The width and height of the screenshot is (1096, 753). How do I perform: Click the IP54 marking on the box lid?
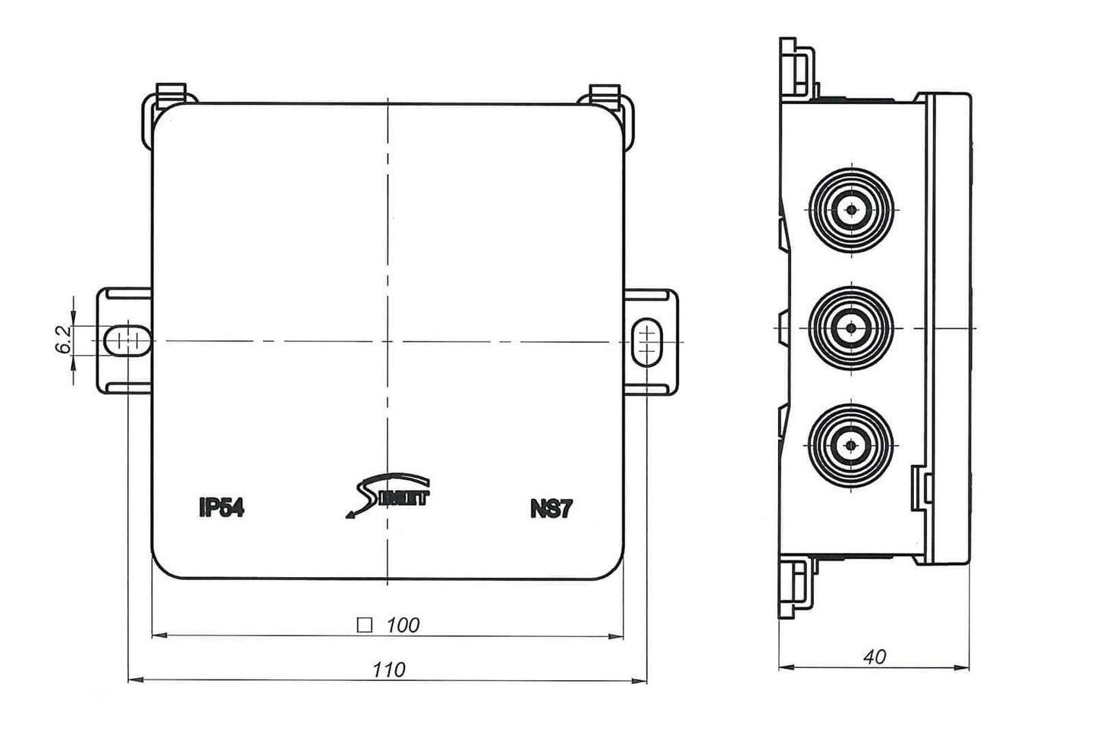pos(221,507)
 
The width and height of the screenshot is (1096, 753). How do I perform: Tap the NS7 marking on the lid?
pos(551,509)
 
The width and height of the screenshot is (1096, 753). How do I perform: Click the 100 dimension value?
pos(402,626)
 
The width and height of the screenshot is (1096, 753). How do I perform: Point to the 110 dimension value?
pos(388,670)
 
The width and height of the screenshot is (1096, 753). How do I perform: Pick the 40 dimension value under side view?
pos(874,657)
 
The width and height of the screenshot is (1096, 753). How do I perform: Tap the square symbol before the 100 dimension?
pos(365,626)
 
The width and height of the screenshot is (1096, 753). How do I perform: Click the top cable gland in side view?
pos(851,209)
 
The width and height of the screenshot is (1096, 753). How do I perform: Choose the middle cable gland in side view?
pos(851,328)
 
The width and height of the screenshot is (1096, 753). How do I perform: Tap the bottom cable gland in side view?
pos(851,446)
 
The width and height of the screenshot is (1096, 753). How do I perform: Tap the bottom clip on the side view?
pos(797,590)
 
